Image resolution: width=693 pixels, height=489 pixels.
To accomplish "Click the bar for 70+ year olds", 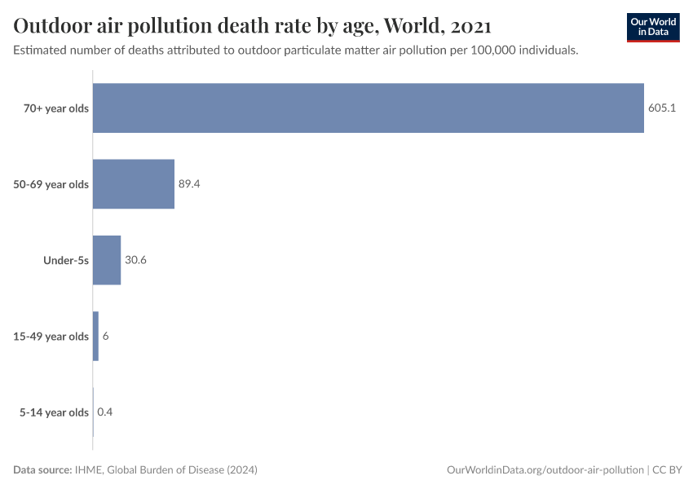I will click(x=368, y=108).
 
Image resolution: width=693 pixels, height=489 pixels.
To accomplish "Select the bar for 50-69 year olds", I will click(x=134, y=184).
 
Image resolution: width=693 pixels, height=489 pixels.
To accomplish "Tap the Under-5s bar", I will click(x=107, y=260).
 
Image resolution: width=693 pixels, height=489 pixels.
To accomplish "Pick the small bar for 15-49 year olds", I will click(x=96, y=336).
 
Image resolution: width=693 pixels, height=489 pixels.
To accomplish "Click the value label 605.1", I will click(x=661, y=108).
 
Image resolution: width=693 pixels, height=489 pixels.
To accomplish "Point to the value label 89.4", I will click(x=189, y=184).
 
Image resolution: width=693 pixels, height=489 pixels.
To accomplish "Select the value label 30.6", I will click(x=135, y=260).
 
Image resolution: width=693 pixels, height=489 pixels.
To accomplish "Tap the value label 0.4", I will click(x=104, y=412).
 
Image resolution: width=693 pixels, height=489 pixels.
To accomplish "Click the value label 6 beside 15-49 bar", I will click(x=106, y=336).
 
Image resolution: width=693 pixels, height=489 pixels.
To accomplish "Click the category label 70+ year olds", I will click(x=56, y=108).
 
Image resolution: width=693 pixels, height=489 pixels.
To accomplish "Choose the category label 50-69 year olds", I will click(x=51, y=184).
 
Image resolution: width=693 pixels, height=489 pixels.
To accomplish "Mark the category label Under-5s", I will click(x=66, y=260).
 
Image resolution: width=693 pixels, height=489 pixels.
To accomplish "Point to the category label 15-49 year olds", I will click(x=51, y=336).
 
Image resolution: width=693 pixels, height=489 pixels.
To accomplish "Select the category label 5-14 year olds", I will click(x=54, y=412).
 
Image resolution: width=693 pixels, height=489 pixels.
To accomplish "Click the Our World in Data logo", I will click(x=652, y=27).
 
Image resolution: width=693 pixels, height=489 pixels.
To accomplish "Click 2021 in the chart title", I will click(x=470, y=26).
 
